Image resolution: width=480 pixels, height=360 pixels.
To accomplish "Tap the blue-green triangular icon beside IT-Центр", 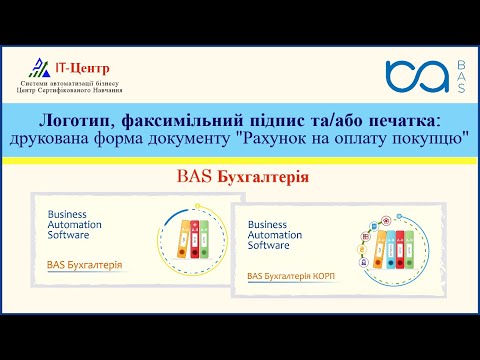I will point(37,67).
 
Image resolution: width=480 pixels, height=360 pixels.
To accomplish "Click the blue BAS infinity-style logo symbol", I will point(414,77).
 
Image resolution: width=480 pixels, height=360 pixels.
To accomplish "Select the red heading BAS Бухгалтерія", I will point(240,178).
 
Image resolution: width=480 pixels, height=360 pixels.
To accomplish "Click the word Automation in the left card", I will point(75,226).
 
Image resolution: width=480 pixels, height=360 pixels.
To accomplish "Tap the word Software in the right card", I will point(269,244).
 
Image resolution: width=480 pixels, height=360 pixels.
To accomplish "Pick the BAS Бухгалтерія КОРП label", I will point(290,274).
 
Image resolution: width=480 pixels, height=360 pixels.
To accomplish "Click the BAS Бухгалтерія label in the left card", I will point(85,265).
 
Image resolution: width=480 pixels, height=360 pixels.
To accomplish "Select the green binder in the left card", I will point(203,239).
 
